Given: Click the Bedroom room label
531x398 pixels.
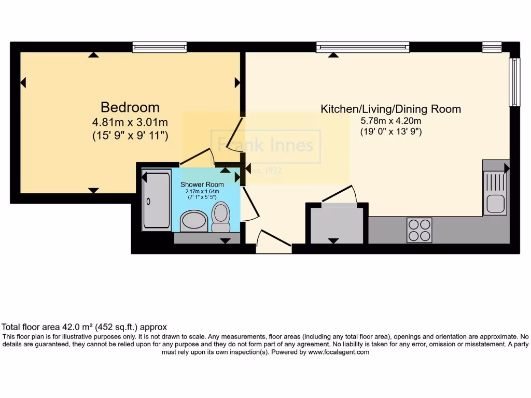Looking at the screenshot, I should [130, 107].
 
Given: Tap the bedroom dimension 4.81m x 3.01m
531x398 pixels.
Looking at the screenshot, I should [130, 123].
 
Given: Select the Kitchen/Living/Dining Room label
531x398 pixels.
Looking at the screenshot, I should [390, 109].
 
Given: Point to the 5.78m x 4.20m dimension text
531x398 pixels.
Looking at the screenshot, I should [390, 121].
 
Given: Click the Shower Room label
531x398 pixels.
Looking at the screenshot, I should [202, 184].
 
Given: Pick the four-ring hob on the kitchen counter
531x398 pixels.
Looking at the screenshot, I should [419, 230].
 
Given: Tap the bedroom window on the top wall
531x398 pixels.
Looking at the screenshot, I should [159, 47].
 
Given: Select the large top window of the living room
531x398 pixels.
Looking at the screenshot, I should [363, 47].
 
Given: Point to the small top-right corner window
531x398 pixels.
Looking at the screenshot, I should [492, 47].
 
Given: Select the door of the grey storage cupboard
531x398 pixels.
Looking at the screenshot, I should [340, 194].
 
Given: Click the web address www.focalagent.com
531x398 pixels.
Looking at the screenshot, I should [339, 352].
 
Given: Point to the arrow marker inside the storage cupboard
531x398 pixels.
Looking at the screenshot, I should [333, 240].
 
